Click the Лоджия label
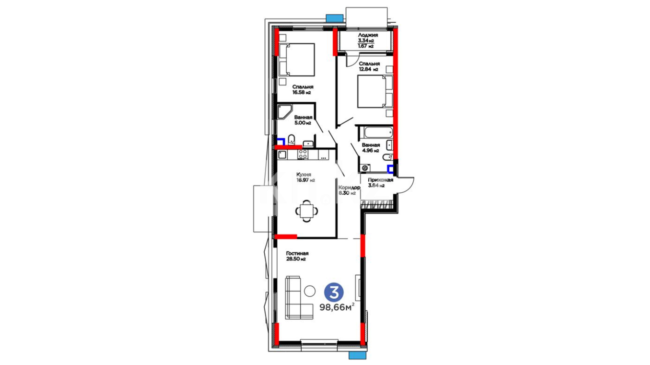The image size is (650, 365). point(368,35)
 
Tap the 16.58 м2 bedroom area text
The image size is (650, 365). point(302,92)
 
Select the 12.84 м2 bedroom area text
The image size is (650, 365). point(369,69)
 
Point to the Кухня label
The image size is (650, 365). point(304,174)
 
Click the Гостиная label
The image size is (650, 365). point(297,253)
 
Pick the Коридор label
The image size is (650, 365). point(349,188)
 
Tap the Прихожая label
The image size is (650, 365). point(381,180)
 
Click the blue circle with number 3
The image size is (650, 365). point(334,292)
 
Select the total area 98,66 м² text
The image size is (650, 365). point(337,307)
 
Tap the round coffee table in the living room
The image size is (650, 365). point(310,291)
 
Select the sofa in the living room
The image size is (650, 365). point(299,297)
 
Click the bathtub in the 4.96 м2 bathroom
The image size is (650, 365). point(376,132)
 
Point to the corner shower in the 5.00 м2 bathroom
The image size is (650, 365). point(284,112)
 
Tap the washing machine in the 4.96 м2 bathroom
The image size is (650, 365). point(365,168)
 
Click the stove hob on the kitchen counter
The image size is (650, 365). point(303,154)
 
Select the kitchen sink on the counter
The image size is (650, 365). point(282,155)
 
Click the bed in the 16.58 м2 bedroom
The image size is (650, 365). point(297,59)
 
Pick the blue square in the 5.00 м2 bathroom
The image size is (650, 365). point(281,142)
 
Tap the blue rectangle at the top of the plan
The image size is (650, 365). point(334,18)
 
